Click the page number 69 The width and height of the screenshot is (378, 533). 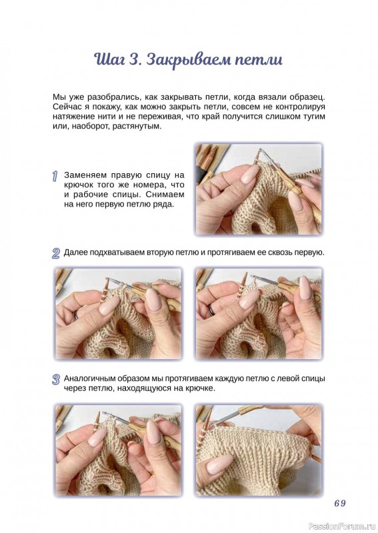339,503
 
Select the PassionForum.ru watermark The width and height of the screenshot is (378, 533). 342,526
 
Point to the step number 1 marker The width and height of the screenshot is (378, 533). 55,177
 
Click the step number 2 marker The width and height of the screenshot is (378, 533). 56,254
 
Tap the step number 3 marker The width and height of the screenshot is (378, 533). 56,379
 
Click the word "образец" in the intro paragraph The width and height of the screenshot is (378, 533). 309,97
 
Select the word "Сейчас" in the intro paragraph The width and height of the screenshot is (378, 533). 65,107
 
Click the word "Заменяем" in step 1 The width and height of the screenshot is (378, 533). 85,175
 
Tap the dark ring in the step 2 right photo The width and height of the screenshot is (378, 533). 211,309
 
